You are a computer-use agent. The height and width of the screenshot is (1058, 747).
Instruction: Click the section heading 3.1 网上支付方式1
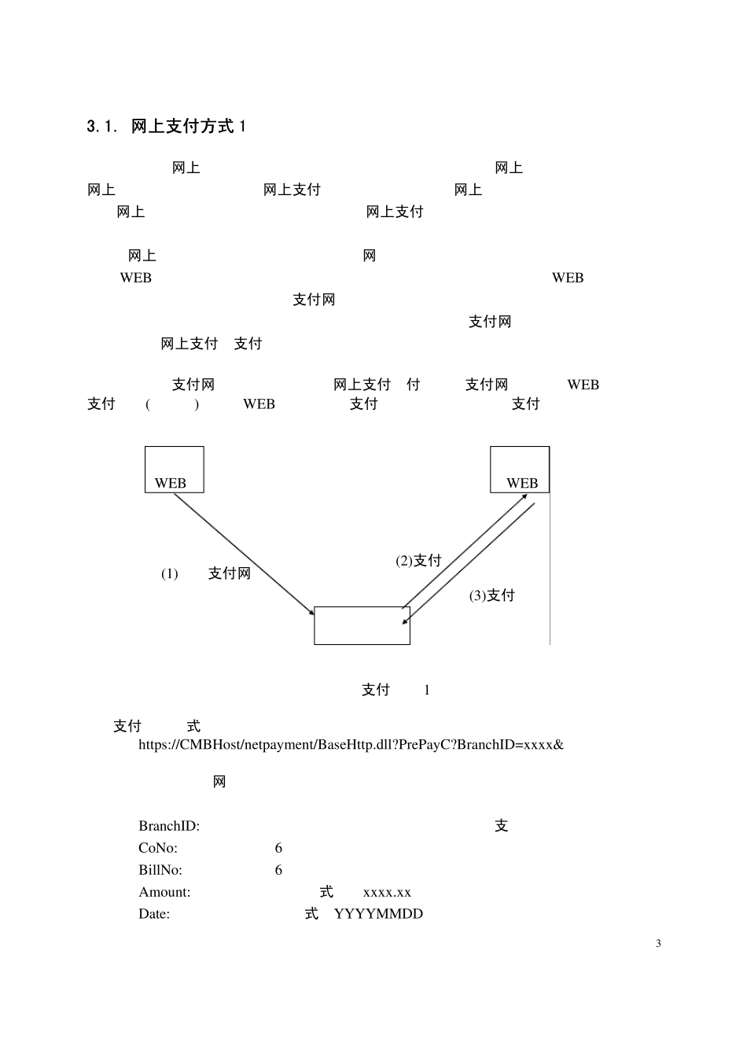(x=167, y=127)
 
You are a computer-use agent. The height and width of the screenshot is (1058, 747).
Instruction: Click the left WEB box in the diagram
(x=174, y=470)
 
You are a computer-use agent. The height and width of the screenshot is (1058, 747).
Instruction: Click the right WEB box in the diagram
(x=520, y=470)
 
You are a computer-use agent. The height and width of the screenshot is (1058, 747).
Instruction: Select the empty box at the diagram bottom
(x=362, y=625)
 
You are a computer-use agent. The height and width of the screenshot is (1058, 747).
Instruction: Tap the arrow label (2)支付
(x=418, y=560)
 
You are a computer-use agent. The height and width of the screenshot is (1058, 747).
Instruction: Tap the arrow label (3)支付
(x=492, y=595)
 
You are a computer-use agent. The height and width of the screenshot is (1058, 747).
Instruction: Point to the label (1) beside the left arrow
(x=170, y=574)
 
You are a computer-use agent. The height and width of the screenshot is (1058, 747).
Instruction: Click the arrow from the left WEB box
(x=244, y=554)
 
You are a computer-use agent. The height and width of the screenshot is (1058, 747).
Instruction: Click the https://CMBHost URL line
(x=351, y=744)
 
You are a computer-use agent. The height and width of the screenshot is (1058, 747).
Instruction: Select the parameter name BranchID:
(x=169, y=826)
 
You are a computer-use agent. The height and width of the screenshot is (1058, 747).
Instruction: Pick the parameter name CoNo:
(x=158, y=848)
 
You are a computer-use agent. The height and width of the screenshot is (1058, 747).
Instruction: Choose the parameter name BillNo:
(x=160, y=870)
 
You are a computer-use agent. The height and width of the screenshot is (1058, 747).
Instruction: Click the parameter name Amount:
(x=164, y=892)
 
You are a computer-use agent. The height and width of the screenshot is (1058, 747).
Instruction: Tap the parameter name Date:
(x=154, y=914)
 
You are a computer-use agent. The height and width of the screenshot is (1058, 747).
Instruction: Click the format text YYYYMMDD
(x=378, y=914)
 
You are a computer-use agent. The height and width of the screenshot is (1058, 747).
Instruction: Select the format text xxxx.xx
(x=387, y=892)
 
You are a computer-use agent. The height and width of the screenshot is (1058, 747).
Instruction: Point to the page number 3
(x=658, y=944)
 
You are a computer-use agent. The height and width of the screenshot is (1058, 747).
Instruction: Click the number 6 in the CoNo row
(x=278, y=848)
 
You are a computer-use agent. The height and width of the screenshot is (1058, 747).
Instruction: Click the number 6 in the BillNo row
(x=278, y=870)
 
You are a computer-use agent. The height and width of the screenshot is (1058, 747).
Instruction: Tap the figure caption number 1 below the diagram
(x=427, y=691)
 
